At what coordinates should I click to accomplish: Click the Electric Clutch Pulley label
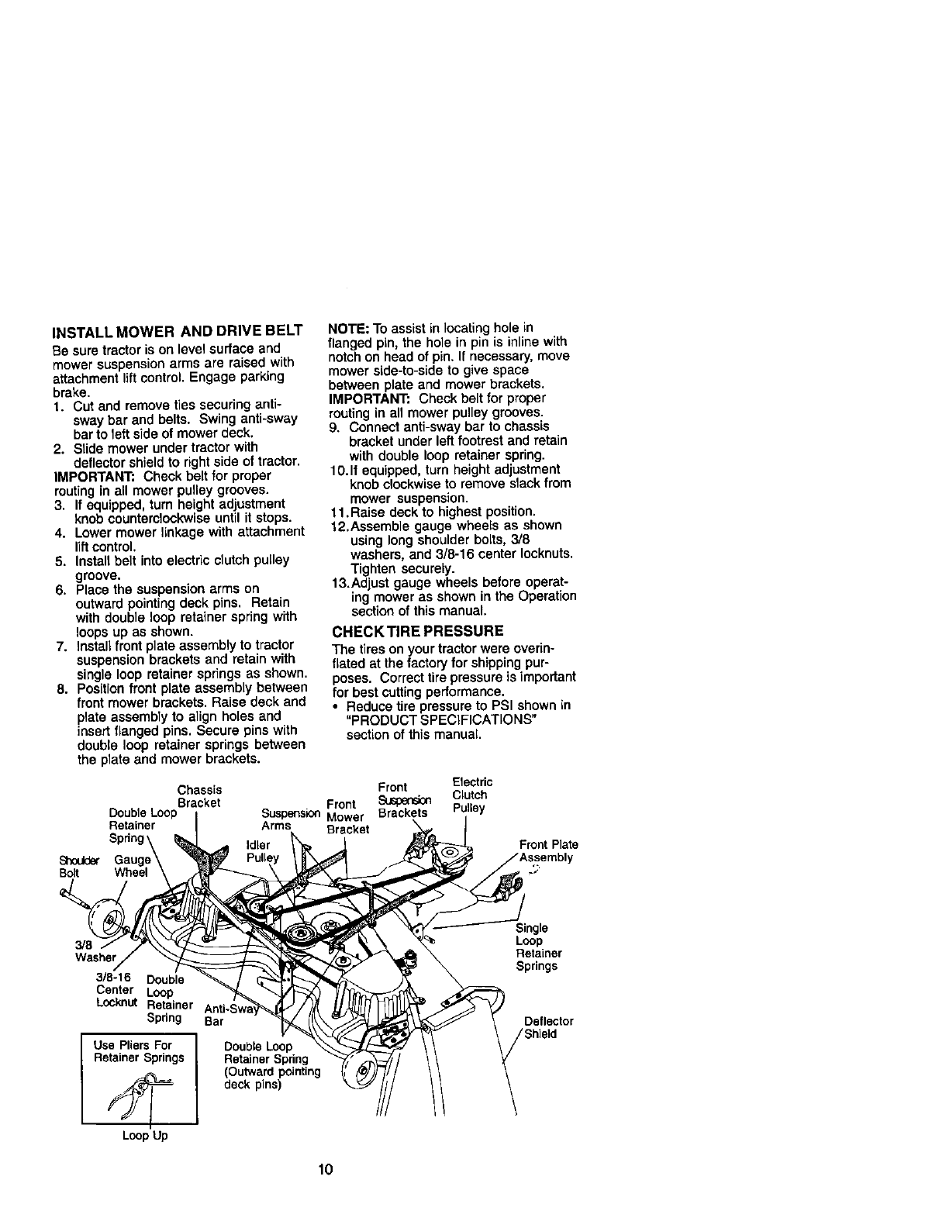tap(471, 795)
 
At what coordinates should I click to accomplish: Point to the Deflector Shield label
tap(549, 1027)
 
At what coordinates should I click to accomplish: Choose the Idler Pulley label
tap(261, 851)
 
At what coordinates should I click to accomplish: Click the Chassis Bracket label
tap(200, 796)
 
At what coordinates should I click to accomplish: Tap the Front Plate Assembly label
tap(548, 850)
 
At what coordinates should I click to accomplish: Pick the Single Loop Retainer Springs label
tap(537, 947)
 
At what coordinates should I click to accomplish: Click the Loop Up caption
tap(144, 1137)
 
